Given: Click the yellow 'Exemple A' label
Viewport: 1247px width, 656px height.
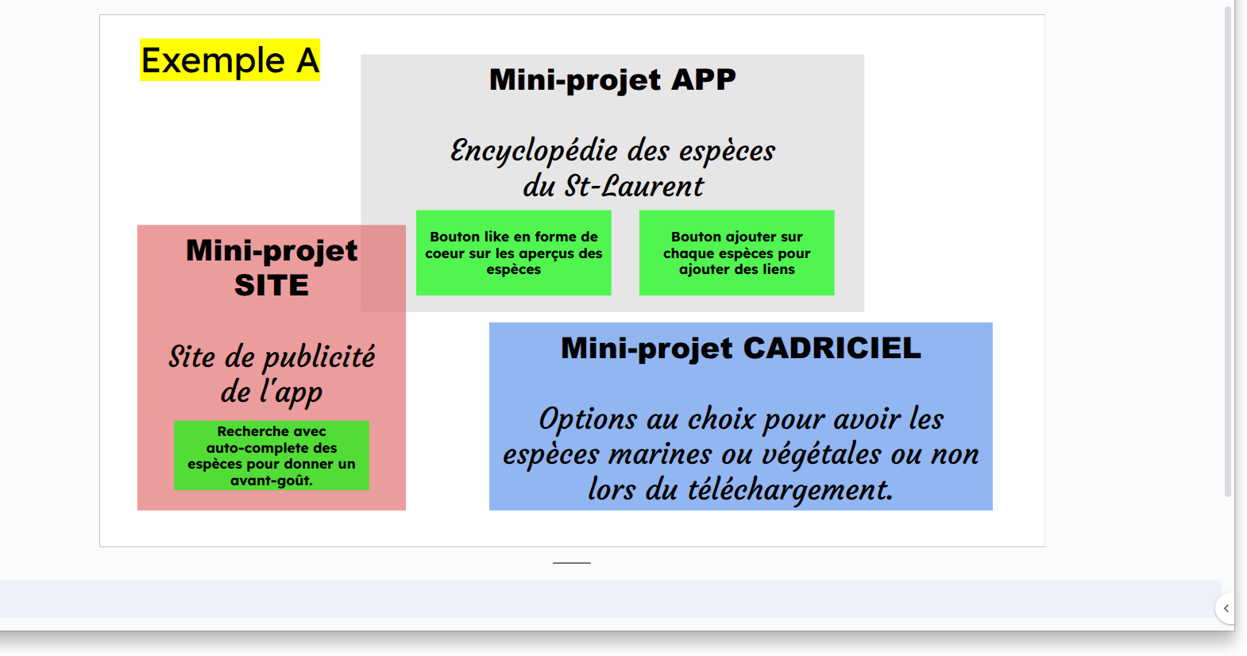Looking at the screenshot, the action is [230, 60].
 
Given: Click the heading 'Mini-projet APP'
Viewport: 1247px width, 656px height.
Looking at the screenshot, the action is [612, 79].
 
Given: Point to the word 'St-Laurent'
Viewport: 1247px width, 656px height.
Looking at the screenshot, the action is [634, 186].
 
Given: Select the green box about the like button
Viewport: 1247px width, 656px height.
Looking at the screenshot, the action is [513, 253].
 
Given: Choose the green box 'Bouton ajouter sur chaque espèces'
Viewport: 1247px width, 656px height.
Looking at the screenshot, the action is [736, 253].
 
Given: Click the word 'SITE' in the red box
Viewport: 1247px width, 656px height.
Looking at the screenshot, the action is [272, 285].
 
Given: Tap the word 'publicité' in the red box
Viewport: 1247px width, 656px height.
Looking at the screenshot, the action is [319, 357].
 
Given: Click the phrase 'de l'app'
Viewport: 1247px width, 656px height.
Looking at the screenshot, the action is [272, 392].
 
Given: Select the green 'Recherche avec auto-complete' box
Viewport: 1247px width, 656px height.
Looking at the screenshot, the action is [272, 456].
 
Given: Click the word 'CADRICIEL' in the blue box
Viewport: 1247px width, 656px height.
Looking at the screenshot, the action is [832, 348].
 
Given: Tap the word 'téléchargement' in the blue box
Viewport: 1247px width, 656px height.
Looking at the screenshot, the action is [790, 490].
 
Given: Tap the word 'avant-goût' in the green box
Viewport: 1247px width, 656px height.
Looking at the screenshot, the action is [271, 480].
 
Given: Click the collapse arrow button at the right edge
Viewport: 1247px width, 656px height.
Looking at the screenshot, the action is [1226, 608].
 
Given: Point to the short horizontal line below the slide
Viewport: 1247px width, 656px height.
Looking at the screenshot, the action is [572, 563].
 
